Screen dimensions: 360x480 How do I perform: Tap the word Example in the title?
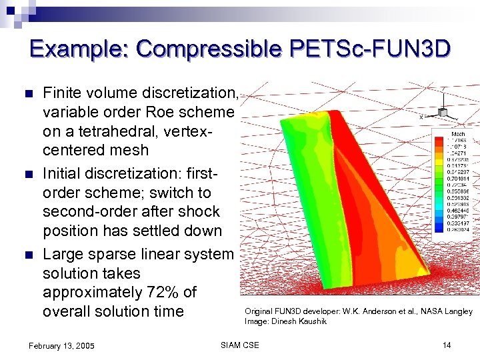(x=79, y=49)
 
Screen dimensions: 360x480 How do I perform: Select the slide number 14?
(x=447, y=345)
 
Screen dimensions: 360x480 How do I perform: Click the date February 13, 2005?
(x=61, y=345)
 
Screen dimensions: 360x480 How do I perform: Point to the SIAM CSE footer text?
(x=239, y=345)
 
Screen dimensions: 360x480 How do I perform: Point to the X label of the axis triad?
(x=421, y=117)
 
